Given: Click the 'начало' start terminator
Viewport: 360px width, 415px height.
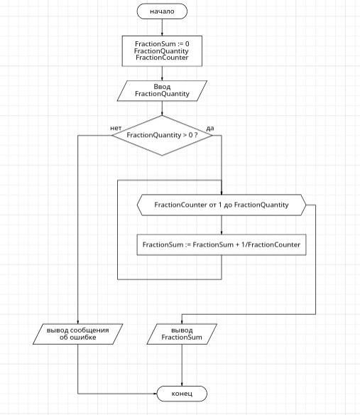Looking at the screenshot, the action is (x=162, y=11).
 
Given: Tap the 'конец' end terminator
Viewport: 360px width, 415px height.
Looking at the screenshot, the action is (x=182, y=394).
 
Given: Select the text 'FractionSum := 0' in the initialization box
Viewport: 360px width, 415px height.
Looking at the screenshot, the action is (x=162, y=43).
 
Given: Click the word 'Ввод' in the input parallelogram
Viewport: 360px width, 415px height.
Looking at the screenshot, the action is (x=162, y=87).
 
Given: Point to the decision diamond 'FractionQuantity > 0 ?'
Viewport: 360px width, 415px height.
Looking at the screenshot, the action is (x=162, y=135).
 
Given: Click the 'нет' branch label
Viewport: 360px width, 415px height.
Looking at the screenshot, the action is (x=116, y=128).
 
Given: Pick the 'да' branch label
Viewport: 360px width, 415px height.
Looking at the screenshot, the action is (x=210, y=129).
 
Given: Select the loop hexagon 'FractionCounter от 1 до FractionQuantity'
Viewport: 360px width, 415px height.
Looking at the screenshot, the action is (x=222, y=205).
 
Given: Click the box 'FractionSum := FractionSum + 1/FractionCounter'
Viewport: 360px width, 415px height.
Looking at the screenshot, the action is (x=222, y=244).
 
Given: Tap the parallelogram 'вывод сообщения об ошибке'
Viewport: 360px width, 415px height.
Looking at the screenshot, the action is (x=78, y=334).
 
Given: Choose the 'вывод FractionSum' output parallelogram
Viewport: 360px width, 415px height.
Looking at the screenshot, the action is (x=182, y=334).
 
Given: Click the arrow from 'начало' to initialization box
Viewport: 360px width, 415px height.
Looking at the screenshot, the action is (x=162, y=28).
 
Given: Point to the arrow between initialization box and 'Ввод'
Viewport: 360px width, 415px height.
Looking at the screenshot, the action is (x=162, y=74).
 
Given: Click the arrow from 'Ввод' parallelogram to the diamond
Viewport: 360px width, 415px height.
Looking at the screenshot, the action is (x=162, y=108).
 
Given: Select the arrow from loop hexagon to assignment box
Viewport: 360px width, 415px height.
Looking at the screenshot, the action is (x=222, y=225).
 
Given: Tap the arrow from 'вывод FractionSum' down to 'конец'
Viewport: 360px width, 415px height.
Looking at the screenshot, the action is (x=182, y=365).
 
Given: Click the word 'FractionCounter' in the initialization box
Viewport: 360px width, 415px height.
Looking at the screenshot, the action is (x=162, y=58).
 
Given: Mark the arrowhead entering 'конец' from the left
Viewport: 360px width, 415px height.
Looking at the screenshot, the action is (x=156, y=394).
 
